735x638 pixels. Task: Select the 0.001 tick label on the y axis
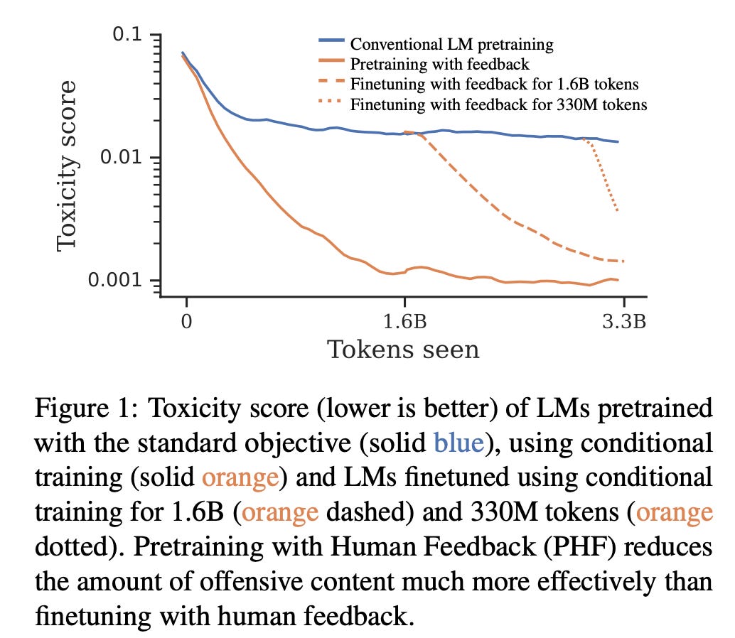117,280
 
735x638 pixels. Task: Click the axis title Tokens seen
402,349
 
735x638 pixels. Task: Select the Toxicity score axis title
66,166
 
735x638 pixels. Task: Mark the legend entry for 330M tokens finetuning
498,104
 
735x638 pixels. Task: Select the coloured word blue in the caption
459,443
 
